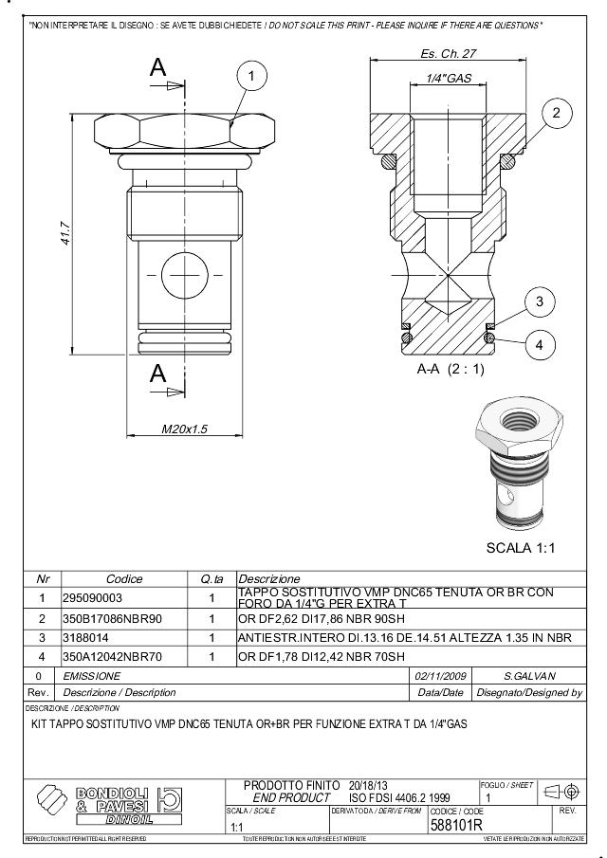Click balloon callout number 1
pos(251,74)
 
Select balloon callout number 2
pos(557,114)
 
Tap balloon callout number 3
pos(539,302)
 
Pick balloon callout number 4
pos(539,344)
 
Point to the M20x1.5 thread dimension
pos(184,429)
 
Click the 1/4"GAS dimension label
pos(448,79)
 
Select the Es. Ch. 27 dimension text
pos(448,54)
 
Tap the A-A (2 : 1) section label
pos(451,369)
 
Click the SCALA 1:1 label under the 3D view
pos(522,549)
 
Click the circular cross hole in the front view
pos(184,276)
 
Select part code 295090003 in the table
pos(93,598)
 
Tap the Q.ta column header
pos(212,578)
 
